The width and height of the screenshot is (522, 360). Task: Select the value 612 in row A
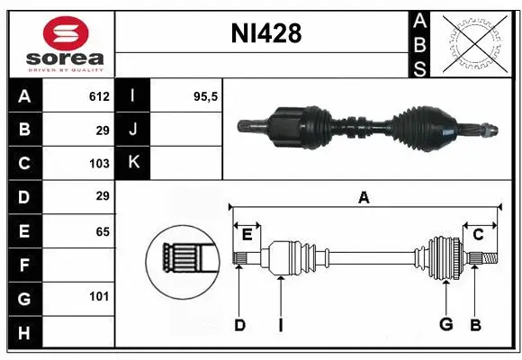click(98, 96)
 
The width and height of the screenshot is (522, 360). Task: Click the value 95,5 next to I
click(206, 96)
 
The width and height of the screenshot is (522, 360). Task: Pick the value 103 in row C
click(98, 163)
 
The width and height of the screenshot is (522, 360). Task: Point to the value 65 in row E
click(102, 231)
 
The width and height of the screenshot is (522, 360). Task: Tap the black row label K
click(133, 163)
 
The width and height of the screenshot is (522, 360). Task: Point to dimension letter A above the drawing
click(364, 197)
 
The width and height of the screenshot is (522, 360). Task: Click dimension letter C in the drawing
click(478, 234)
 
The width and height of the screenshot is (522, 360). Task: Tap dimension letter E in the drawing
click(247, 234)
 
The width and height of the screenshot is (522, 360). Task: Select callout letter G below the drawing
click(445, 325)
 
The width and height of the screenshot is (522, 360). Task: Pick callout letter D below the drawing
click(239, 325)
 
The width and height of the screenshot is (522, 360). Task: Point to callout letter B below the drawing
click(476, 325)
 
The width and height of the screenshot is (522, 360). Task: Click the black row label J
click(133, 130)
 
